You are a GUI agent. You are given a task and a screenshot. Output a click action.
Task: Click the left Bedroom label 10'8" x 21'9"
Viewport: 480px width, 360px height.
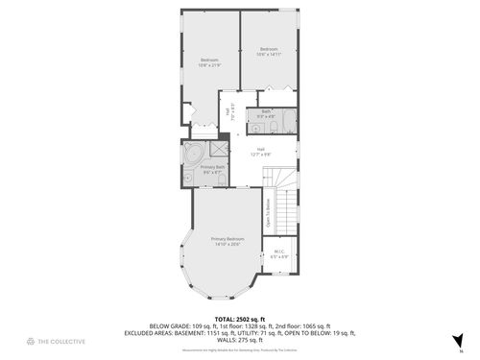click(x=209, y=63)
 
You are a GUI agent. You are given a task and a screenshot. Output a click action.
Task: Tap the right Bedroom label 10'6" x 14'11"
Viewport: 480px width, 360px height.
click(x=268, y=52)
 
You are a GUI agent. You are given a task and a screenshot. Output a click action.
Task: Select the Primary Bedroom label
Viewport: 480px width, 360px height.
click(x=228, y=241)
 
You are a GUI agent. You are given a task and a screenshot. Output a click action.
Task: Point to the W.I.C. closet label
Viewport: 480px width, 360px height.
click(x=279, y=255)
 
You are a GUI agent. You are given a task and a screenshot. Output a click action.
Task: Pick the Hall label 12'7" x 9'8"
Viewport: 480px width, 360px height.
click(x=260, y=151)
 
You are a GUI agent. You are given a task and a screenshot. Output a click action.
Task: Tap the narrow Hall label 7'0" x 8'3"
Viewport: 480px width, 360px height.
click(x=228, y=111)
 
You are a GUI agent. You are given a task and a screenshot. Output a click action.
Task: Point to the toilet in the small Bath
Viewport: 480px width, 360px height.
click(x=273, y=126)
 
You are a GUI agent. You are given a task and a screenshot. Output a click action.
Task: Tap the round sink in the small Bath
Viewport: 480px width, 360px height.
click(x=255, y=126)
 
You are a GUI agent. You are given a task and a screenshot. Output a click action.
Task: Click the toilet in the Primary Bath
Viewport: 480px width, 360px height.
click(x=187, y=179)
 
